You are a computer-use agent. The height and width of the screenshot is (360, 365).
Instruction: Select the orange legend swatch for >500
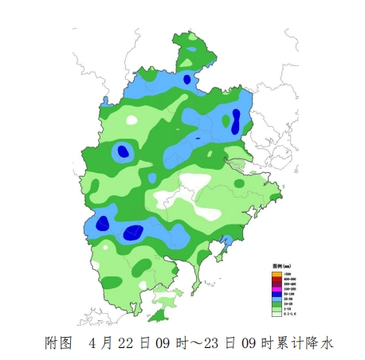pyautogui.click(x=276, y=273)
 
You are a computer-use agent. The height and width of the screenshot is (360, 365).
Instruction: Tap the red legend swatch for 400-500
pyautogui.click(x=276, y=279)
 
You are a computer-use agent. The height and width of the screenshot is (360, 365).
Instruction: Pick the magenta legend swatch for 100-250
pyautogui.click(x=276, y=289)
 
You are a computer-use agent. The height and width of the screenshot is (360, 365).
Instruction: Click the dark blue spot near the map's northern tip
pyautogui.click(x=187, y=78)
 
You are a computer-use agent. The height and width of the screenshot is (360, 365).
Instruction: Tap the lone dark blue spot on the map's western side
pyautogui.click(x=122, y=151)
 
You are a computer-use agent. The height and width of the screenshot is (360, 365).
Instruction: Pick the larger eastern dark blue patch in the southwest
pyautogui.click(x=133, y=233)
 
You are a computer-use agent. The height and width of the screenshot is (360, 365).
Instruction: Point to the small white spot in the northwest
pyautogui.click(x=131, y=120)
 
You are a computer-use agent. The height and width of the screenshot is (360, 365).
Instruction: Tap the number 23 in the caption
pyautogui.click(x=211, y=343)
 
